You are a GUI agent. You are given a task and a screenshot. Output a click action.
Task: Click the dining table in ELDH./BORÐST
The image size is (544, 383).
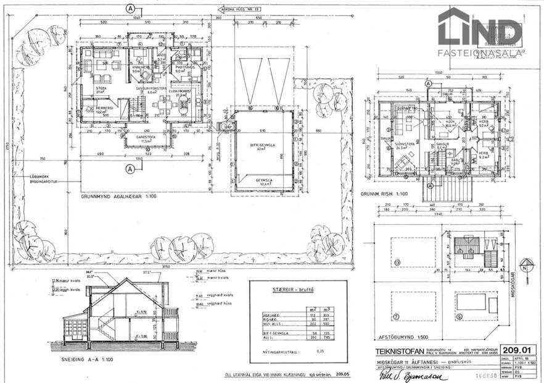click(x=167, y=106)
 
